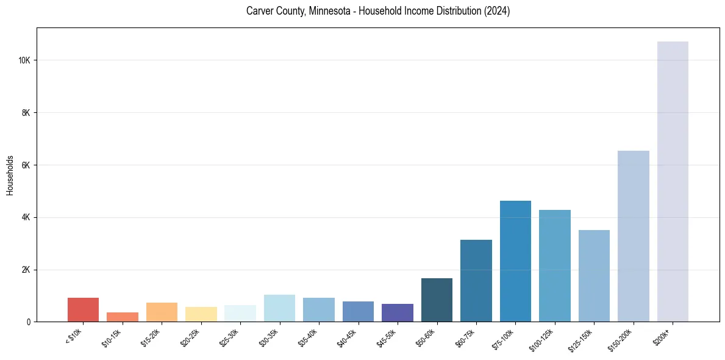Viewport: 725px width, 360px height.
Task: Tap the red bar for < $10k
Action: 83,309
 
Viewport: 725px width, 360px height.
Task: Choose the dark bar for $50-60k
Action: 437,300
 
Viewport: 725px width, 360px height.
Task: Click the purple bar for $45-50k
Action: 398,312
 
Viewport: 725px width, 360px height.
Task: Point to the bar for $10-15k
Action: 123,317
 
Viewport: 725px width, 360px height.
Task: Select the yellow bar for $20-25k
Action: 201,314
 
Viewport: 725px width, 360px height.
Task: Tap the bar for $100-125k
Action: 555,265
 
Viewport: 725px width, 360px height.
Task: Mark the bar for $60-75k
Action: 476,281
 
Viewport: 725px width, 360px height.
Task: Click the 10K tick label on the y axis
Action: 24,60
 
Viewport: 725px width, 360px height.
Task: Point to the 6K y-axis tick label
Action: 26,165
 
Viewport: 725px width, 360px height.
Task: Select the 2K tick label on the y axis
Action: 26,270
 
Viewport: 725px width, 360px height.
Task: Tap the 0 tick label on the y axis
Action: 29,322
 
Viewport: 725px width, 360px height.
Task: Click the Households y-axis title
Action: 10,175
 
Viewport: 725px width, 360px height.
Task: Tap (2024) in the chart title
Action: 495,11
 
